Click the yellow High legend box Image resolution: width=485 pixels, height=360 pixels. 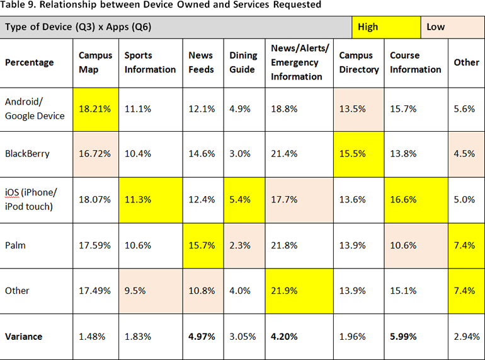click(385, 27)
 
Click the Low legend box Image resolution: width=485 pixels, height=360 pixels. click(451, 27)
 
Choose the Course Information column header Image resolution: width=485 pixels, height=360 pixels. click(416, 62)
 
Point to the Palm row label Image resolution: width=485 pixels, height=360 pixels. click(16, 245)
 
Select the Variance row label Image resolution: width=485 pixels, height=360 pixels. click(24, 336)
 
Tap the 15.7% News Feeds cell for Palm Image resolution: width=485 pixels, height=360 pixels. click(202, 245)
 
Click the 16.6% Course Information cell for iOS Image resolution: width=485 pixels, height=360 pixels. click(416, 199)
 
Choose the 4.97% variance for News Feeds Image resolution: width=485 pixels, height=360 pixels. click(202, 336)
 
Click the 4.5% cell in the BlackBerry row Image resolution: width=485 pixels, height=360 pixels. click(466, 153)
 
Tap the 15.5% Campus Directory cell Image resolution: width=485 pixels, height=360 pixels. click(359, 153)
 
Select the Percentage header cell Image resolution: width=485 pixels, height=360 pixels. click(30, 62)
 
